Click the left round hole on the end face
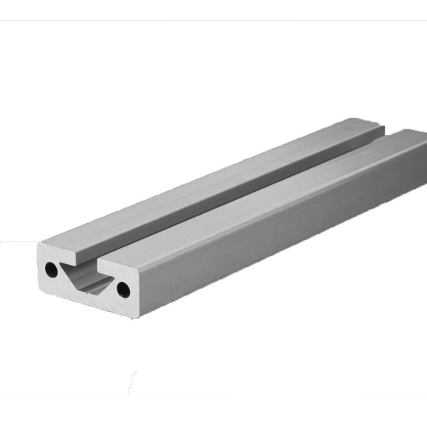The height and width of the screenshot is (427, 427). tap(51, 269)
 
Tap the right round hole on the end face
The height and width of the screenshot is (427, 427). tap(123, 290)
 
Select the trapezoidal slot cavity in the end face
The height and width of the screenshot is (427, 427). tap(85, 278)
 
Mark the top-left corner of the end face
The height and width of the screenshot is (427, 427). tap(41, 244)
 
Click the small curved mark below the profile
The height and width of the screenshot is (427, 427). tap(133, 378)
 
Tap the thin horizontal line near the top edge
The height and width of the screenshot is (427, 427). tap(213, 20)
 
